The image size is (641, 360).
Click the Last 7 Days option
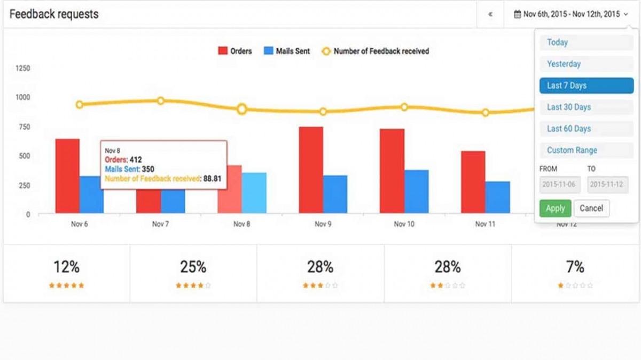pyautogui.click(x=587, y=86)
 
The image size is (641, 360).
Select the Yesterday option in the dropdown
pyautogui.click(x=587, y=64)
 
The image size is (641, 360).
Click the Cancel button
pyautogui.click(x=591, y=209)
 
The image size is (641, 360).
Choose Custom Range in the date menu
pyautogui.click(x=587, y=150)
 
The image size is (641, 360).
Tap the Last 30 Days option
pyautogui.click(x=587, y=107)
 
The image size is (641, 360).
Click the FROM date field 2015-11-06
pyautogui.click(x=560, y=185)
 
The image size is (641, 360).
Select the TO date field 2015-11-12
pyautogui.click(x=608, y=185)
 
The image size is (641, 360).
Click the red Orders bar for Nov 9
pyautogui.click(x=311, y=171)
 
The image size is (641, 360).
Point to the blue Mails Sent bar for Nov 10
pyautogui.click(x=416, y=192)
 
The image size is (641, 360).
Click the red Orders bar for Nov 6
pyautogui.click(x=67, y=176)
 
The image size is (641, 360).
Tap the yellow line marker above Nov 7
pyautogui.click(x=160, y=101)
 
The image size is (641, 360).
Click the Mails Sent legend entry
pyautogui.click(x=287, y=51)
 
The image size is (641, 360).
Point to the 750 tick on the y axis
pyautogui.click(x=24, y=126)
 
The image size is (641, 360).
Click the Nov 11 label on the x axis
pyautogui.click(x=485, y=224)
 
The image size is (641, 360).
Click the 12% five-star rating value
pyautogui.click(x=66, y=267)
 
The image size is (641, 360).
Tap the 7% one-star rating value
pyautogui.click(x=575, y=267)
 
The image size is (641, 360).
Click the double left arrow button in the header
pyautogui.click(x=490, y=14)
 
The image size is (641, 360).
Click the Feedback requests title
pyautogui.click(x=54, y=14)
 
